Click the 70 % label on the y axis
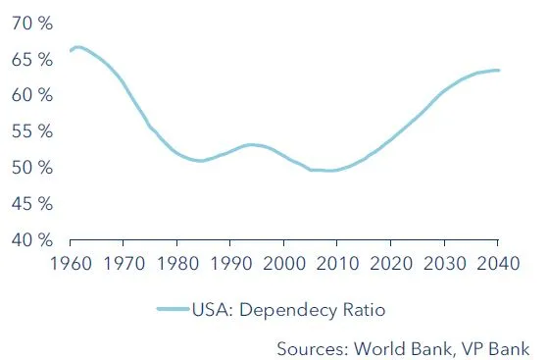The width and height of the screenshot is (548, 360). coord(31,24)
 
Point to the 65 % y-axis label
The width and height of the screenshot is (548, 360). coord(31,60)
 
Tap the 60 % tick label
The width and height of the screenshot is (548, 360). coord(31,96)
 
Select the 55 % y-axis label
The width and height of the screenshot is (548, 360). coord(31,131)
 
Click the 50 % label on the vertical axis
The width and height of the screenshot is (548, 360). coord(31,168)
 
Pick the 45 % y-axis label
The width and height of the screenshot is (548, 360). coord(31,204)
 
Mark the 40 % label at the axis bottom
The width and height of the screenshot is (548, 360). coord(31,239)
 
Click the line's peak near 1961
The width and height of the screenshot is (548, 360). coord(77,47)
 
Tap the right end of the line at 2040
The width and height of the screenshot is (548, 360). coord(497,70)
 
